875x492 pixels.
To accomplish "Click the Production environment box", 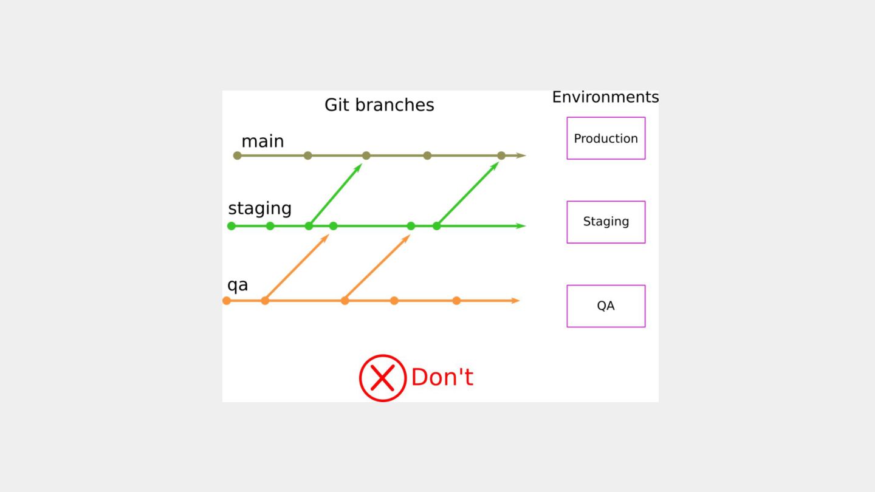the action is [x=606, y=138].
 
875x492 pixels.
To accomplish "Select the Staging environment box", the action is [x=606, y=222].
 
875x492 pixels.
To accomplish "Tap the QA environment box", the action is [x=606, y=306].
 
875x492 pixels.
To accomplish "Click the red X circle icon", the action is [x=383, y=378].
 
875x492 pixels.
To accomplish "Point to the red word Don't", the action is [x=442, y=378].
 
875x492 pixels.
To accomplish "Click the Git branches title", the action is [x=379, y=105].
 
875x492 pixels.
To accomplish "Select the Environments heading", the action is [x=605, y=97].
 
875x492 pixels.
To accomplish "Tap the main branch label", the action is [x=262, y=142].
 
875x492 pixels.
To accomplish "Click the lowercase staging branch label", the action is [x=259, y=209].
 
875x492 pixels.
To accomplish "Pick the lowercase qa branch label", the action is [x=238, y=285].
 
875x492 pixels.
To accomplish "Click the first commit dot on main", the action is [x=238, y=155].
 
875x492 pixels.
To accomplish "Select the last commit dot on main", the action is [x=501, y=155].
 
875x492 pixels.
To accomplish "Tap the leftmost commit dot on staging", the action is [x=232, y=226].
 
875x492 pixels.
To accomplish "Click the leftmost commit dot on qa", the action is [x=227, y=301].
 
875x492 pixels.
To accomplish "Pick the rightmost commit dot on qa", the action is [x=456, y=301].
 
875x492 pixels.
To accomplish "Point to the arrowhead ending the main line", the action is [x=521, y=155].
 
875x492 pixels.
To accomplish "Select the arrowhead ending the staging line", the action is [x=521, y=226].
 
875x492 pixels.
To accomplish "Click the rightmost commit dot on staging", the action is [x=437, y=226].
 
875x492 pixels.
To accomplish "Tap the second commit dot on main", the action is [x=308, y=155].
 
